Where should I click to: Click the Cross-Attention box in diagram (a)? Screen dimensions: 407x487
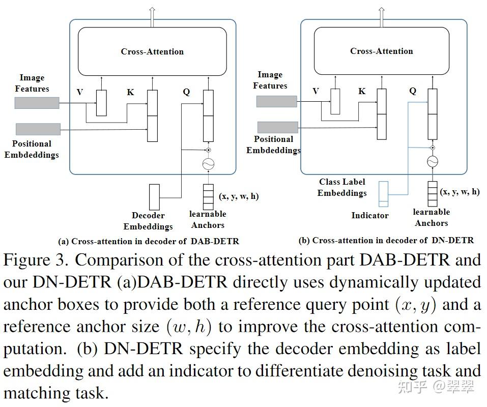[152, 51]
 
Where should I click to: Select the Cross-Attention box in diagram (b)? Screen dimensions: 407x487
[381, 51]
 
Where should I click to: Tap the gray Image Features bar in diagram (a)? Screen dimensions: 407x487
[37, 103]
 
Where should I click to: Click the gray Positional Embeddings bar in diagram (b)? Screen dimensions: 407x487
[277, 127]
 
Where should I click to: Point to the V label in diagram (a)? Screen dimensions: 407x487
[80, 92]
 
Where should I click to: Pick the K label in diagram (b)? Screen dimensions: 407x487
[362, 92]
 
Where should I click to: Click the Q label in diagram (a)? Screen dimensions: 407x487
[186, 92]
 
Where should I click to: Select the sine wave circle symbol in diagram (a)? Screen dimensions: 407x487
[208, 164]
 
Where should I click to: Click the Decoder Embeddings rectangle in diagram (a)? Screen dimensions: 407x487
[154, 196]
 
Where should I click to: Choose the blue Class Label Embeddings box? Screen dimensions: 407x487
[383, 194]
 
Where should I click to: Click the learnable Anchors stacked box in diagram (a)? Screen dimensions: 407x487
[208, 196]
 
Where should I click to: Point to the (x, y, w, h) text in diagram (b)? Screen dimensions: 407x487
[460, 192]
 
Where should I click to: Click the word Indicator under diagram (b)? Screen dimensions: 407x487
[369, 216]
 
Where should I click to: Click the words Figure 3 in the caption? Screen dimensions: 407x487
[35, 260]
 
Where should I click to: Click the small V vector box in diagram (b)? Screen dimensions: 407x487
[335, 101]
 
